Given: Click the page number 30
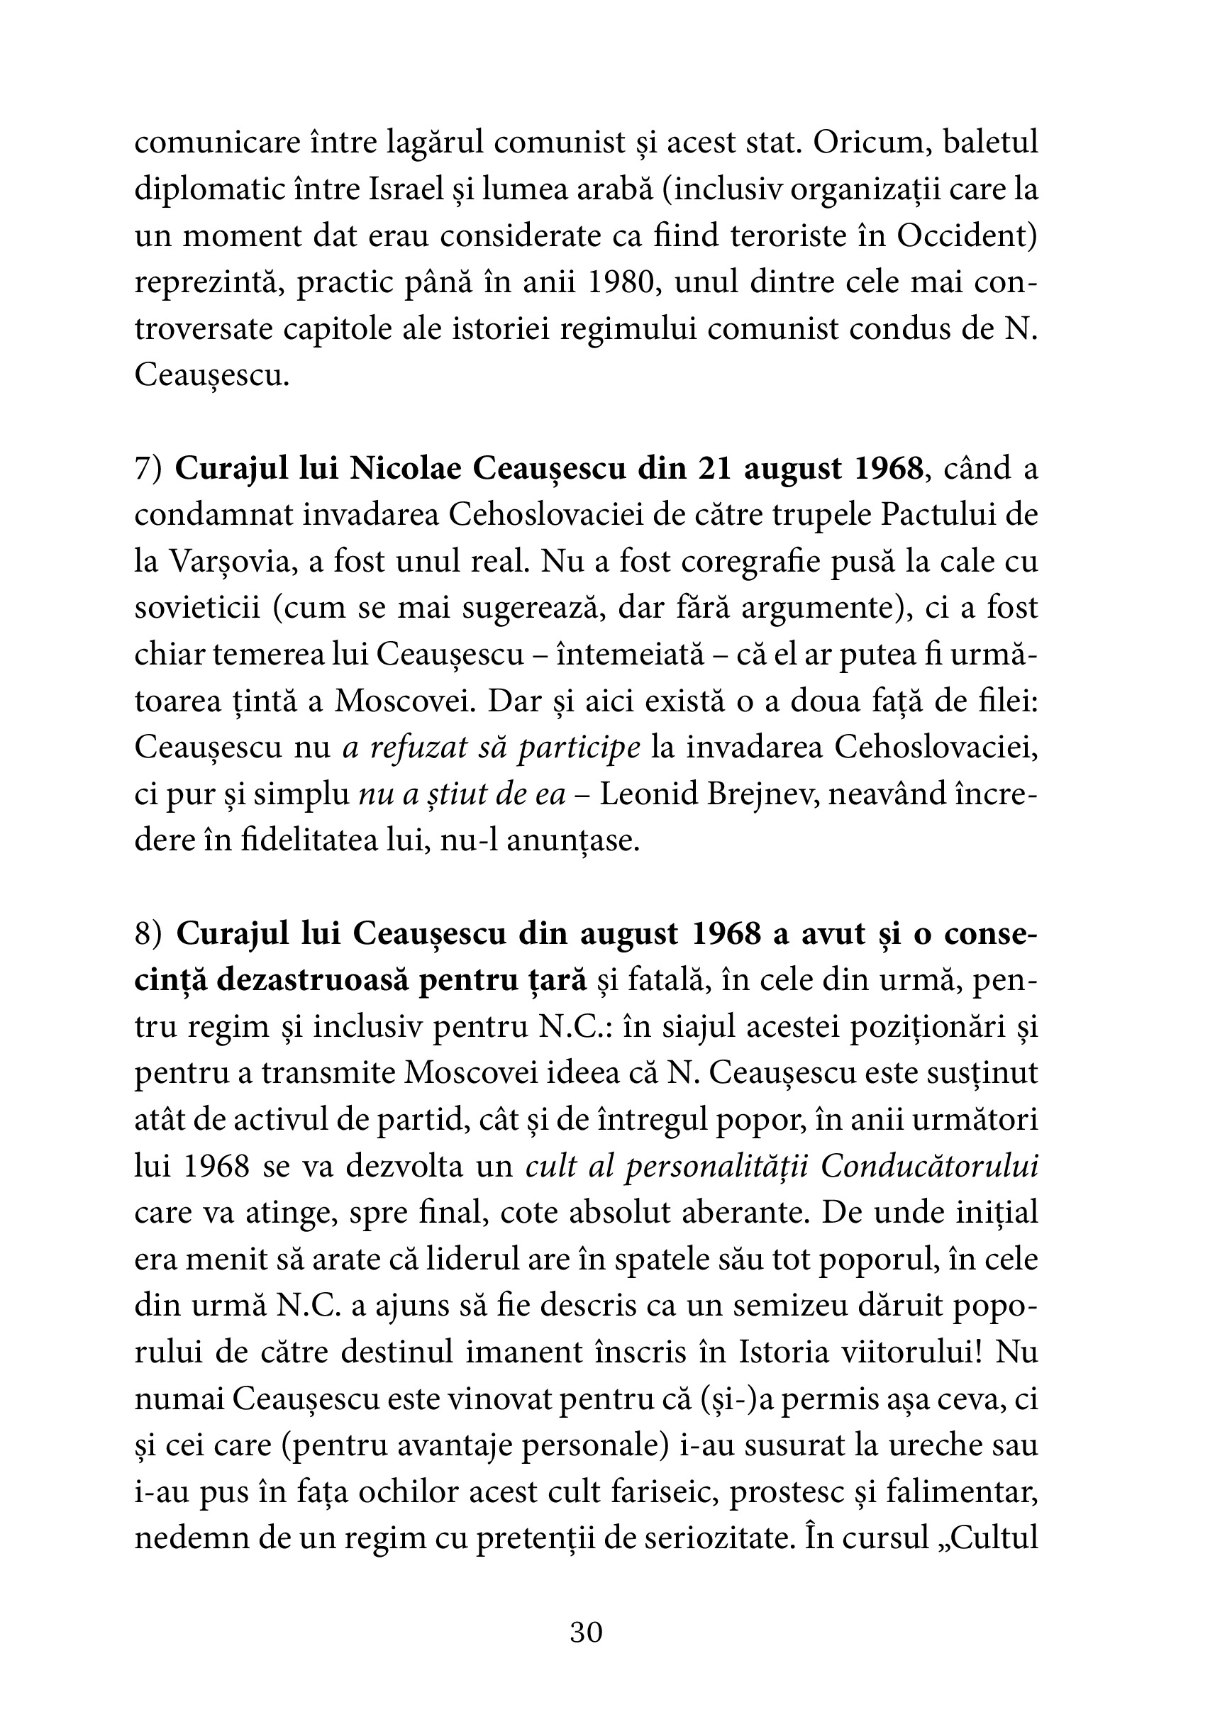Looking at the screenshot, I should tap(586, 1633).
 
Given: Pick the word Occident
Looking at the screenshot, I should tap(966, 236).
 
